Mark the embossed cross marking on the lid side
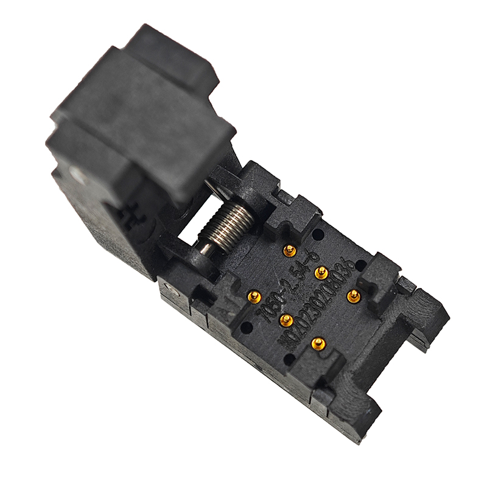pyautogui.click(x=128, y=214)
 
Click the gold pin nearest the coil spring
pyautogui.click(x=290, y=250)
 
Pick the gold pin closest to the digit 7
pyautogui.click(x=254, y=296)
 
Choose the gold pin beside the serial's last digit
pyautogui.click(x=353, y=295)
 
